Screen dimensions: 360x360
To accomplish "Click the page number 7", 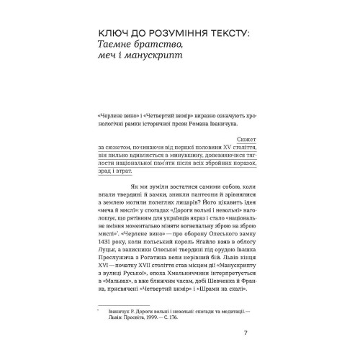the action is [246, 332].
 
